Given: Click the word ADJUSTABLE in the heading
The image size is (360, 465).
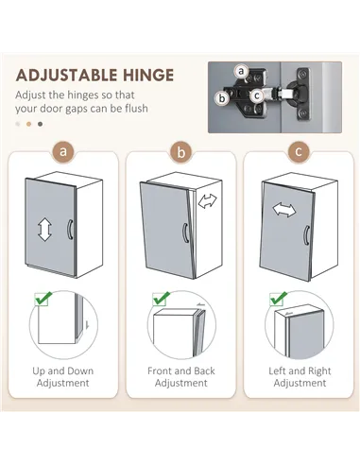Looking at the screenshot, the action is pyautogui.click(x=66, y=76).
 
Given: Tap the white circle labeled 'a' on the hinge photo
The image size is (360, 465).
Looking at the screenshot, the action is pyautogui.click(x=241, y=71).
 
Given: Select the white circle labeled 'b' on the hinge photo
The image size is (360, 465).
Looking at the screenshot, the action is pyautogui.click(x=222, y=98).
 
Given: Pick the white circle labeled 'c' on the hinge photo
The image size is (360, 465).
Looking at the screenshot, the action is pyautogui.click(x=257, y=95).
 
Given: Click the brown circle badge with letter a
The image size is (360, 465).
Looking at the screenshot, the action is pyautogui.click(x=63, y=152).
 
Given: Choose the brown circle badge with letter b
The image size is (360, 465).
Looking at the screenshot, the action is pyautogui.click(x=181, y=152).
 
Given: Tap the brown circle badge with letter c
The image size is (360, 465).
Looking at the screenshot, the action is pyautogui.click(x=299, y=152).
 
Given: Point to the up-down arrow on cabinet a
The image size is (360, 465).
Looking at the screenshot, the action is pyautogui.click(x=44, y=230).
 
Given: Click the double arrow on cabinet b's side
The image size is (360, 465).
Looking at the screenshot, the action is pyautogui.click(x=208, y=200).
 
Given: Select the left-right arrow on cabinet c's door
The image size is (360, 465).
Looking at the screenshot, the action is pyautogui.click(x=284, y=210).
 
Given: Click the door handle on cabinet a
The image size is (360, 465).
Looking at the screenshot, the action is pyautogui.click(x=70, y=230).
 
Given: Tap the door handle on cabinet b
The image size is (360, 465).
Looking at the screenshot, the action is pyautogui.click(x=186, y=232).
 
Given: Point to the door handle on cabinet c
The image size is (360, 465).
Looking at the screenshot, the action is pyautogui.click(x=306, y=234).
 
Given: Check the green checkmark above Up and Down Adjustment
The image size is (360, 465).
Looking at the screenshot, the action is pyautogui.click(x=43, y=299).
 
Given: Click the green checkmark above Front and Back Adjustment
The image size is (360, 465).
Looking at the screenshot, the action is pyautogui.click(x=161, y=299).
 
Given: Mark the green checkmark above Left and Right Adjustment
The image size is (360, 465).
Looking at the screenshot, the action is pyautogui.click(x=279, y=299).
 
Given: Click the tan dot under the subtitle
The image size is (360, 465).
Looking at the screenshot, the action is pyautogui.click(x=29, y=124).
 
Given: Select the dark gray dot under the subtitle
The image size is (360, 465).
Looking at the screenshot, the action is pyautogui.click(x=40, y=124).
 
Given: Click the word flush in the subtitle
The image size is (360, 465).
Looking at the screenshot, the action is pyautogui.click(x=136, y=108).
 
